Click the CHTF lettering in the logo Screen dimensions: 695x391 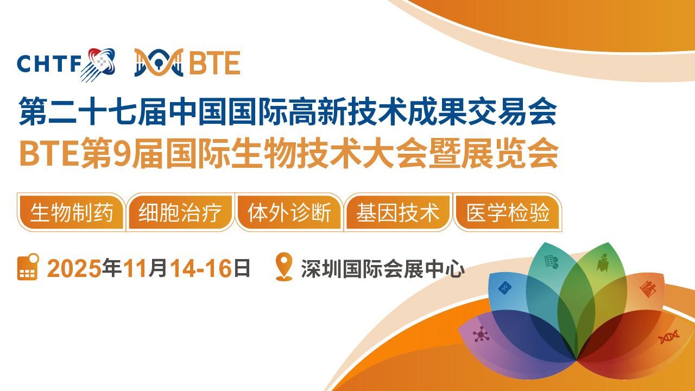click(x=49, y=64)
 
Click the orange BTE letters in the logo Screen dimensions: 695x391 click(x=214, y=63)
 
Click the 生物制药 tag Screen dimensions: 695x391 click(x=71, y=212)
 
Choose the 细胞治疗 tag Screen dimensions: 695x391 click(x=180, y=212)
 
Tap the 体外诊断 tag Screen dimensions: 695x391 click(x=289, y=212)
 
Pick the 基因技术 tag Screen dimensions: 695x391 click(x=398, y=212)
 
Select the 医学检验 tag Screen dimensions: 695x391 click(x=508, y=212)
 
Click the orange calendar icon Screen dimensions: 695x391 click(x=28, y=267)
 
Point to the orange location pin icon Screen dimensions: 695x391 click(x=284, y=267)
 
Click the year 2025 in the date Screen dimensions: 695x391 click(x=74, y=268)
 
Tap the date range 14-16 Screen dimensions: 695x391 click(x=201, y=268)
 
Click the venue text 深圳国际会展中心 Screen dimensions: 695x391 click(x=383, y=269)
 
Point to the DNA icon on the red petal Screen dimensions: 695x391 click(x=668, y=337)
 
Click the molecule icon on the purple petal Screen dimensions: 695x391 click(x=481, y=334)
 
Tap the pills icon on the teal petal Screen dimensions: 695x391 click(x=551, y=262)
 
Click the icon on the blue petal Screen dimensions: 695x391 click(x=505, y=288)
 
